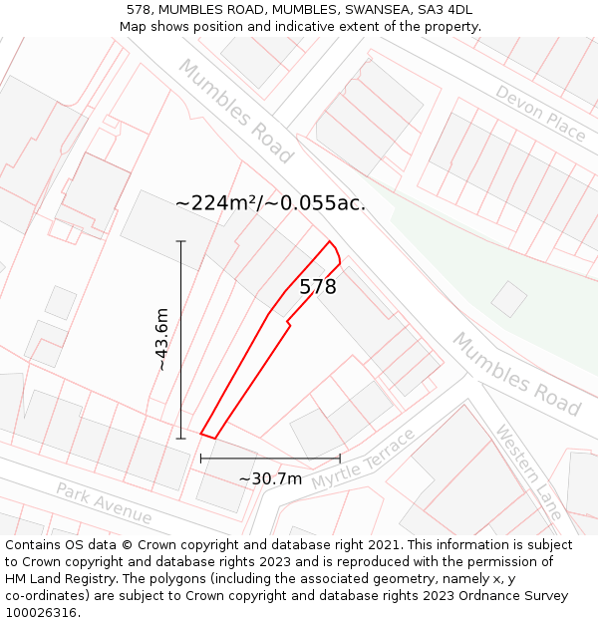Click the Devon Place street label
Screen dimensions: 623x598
tap(539, 113)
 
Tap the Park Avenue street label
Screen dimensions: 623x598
tap(104, 503)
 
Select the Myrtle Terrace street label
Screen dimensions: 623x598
tap(363, 460)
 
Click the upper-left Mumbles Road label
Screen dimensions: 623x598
tap(236, 111)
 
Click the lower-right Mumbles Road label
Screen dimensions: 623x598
tap(516, 374)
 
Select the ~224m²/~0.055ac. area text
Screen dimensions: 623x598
tap(270, 203)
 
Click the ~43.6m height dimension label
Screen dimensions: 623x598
tap(161, 340)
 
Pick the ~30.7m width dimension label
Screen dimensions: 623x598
tap(270, 478)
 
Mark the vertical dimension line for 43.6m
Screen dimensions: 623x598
tap(181, 339)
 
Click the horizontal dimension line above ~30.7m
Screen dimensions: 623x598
tap(270, 459)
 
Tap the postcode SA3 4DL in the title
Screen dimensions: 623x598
tap(445, 10)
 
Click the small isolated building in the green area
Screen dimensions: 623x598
tap(509, 299)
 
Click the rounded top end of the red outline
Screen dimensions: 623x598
tap(334, 248)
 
